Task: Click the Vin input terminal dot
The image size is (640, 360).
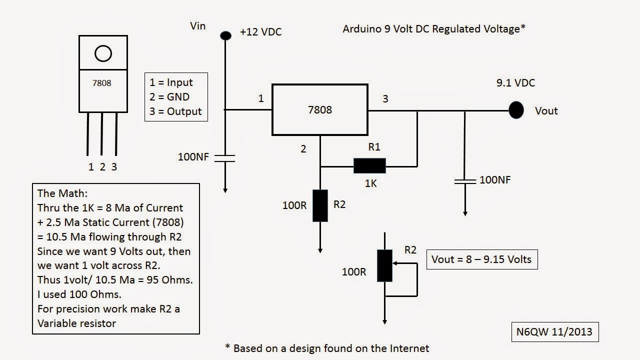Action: pos(225,35)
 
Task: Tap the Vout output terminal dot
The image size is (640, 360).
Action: pos(516,110)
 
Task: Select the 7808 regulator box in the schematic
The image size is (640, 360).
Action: pos(320,109)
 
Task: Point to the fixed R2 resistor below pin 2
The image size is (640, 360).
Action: pos(320,205)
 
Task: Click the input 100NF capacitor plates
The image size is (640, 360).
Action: pos(225,157)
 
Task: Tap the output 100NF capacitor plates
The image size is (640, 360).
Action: pos(465,180)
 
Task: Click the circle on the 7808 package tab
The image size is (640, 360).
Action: pos(103,53)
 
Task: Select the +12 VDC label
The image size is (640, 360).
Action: pos(260,32)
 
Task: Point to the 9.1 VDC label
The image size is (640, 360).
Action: pos(515,83)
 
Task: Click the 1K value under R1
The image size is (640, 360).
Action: pos(370,183)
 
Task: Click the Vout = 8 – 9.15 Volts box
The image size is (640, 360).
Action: pos(482,259)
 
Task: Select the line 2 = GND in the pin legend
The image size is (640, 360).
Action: pos(169,97)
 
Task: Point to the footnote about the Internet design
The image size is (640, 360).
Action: pos(327,348)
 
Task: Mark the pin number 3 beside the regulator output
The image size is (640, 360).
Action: pos(385,99)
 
